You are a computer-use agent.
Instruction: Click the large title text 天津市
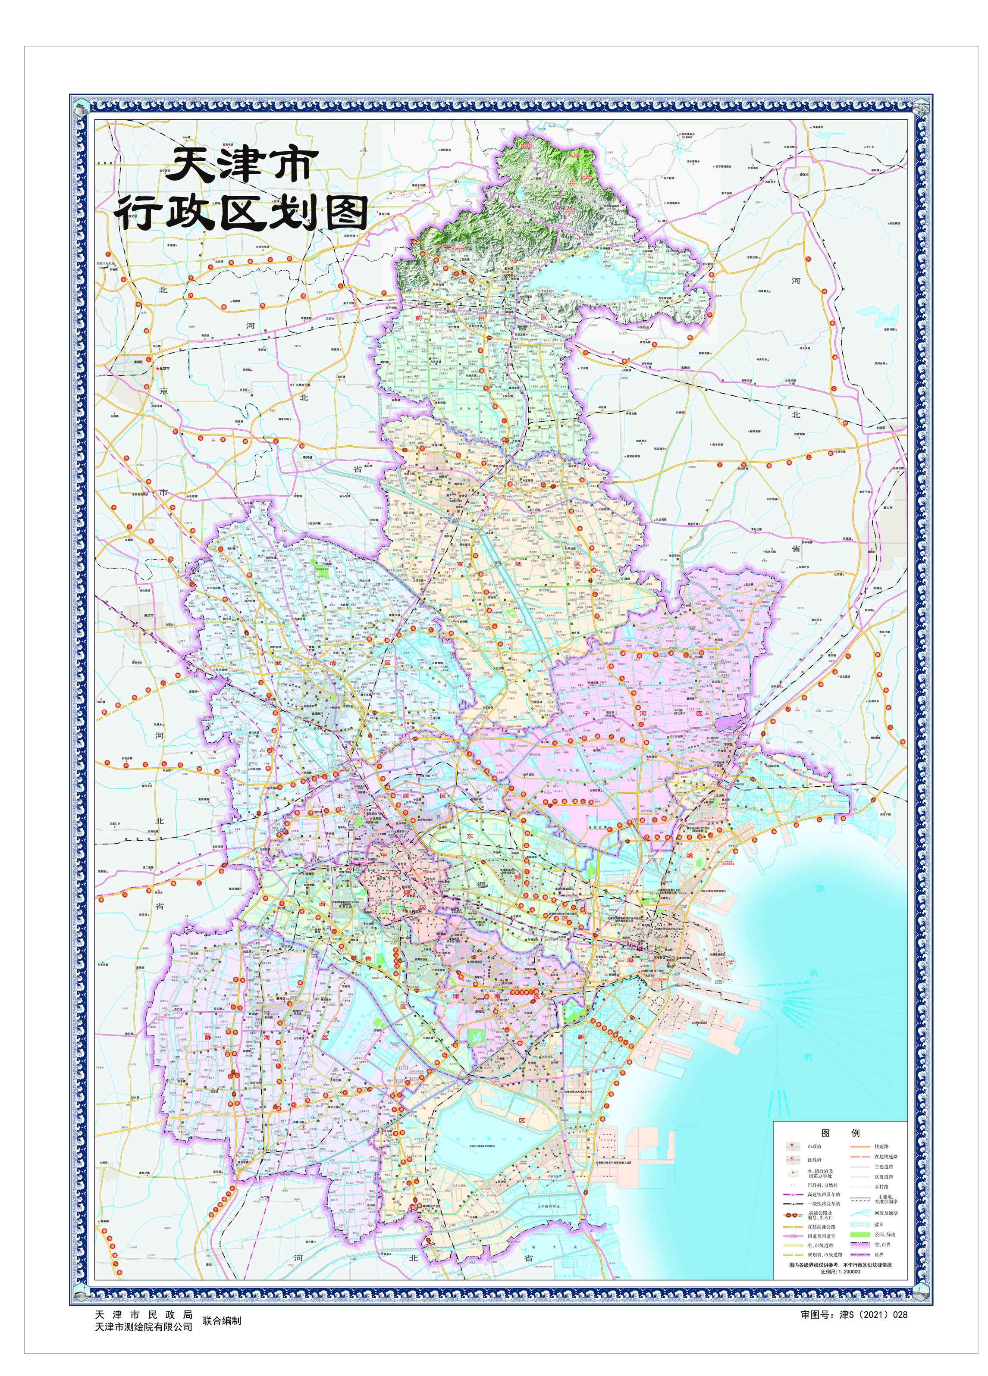[242, 165]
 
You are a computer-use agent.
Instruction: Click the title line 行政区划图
[242, 213]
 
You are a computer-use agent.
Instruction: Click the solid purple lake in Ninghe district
[726, 724]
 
